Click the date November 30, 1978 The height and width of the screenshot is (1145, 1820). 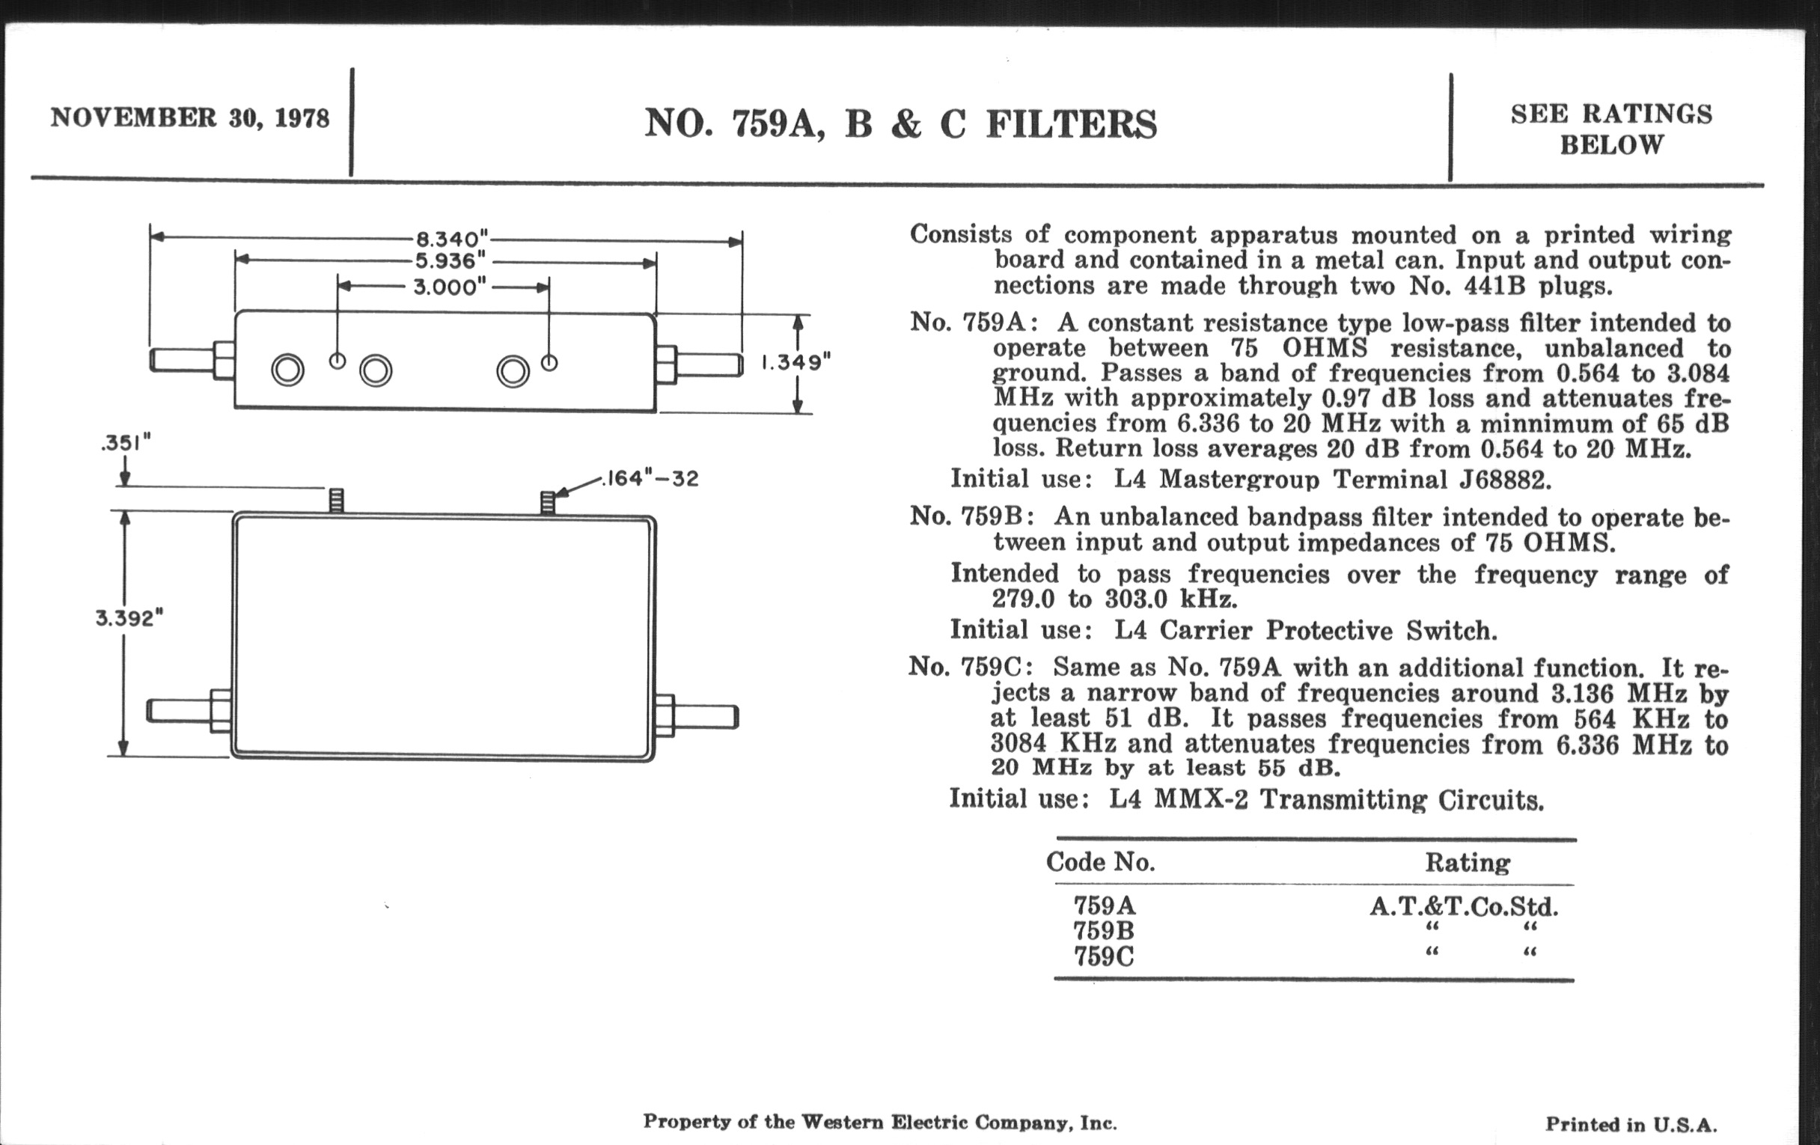[190, 119]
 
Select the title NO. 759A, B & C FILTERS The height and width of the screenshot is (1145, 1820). [900, 125]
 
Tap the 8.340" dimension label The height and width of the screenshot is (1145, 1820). [448, 239]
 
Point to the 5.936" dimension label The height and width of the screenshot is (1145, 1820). [450, 261]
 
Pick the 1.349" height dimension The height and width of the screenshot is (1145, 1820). [795, 363]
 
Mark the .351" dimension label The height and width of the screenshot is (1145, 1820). [126, 443]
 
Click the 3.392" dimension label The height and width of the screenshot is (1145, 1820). [129, 618]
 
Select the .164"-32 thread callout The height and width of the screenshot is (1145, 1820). [650, 478]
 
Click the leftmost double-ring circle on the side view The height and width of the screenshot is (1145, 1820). [288, 370]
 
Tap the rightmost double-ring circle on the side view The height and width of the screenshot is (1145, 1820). [513, 371]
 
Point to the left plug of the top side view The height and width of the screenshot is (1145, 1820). [181, 361]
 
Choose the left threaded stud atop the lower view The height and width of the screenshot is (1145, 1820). [337, 501]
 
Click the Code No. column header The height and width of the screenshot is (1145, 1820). [1101, 862]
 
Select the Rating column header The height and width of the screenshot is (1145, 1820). [1467, 862]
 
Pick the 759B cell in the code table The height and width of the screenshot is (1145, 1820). [1104, 930]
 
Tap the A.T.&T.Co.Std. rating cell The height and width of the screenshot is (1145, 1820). [1464, 906]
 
